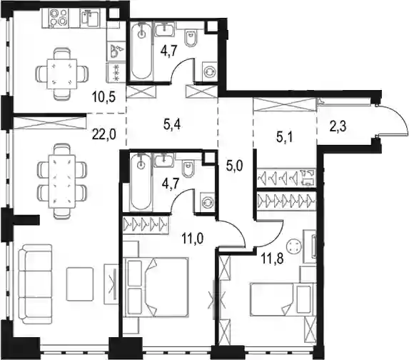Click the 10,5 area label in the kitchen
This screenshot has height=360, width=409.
click(103, 97)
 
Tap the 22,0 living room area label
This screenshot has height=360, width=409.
click(104, 135)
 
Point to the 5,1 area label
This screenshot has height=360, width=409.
click(284, 137)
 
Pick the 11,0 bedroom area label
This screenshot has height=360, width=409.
click(193, 239)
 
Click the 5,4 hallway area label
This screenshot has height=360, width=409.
click(172, 125)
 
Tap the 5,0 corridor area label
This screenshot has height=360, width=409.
click(234, 165)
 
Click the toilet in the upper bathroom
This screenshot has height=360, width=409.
click(190, 38)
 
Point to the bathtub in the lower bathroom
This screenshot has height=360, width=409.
click(141, 182)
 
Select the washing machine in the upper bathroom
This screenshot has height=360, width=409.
click(210, 71)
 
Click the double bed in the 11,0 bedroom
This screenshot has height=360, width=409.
click(156, 287)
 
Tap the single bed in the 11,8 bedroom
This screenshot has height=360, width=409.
click(281, 299)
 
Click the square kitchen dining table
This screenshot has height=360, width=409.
click(62, 74)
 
